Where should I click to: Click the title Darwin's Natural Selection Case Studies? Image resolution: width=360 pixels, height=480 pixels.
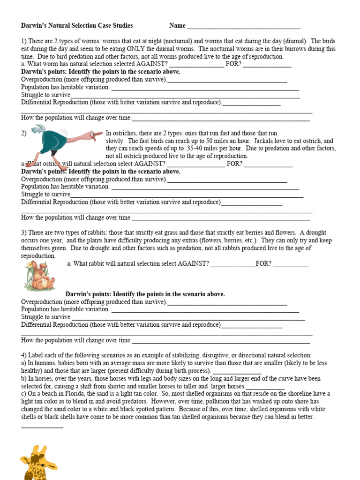click(x=77, y=26)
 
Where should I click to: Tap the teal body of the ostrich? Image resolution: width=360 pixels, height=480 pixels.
click(x=49, y=141)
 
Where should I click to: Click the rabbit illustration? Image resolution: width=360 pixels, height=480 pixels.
click(x=40, y=277)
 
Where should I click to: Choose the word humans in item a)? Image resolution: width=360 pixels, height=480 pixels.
click(x=44, y=363)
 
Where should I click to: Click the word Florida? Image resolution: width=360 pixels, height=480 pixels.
click(x=69, y=394)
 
